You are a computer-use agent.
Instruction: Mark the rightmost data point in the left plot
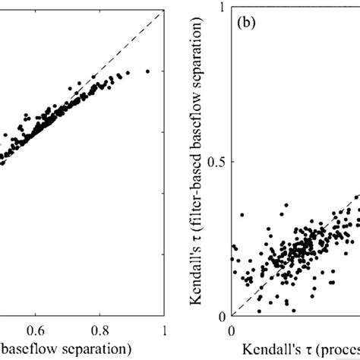click(147, 71)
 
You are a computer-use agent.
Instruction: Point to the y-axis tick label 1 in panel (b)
click(219, 8)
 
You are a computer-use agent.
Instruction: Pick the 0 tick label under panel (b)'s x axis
click(232, 331)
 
